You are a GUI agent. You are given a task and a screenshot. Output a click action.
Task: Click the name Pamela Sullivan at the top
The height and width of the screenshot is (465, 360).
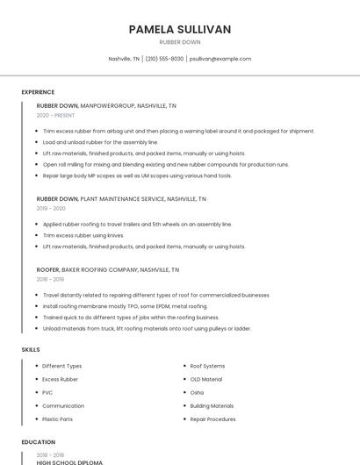(180, 30)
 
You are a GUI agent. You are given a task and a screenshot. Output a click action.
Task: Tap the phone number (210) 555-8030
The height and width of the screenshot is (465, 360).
(164, 59)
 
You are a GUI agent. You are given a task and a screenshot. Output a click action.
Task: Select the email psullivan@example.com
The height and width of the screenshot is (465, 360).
(221, 59)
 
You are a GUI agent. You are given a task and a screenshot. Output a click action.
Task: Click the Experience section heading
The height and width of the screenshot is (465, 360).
(38, 92)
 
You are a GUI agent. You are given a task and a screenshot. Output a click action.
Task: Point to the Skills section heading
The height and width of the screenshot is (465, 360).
(31, 349)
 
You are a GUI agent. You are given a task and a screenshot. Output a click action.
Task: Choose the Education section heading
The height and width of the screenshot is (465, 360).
(37, 442)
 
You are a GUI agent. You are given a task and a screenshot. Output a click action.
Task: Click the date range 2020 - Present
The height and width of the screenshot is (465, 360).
(55, 115)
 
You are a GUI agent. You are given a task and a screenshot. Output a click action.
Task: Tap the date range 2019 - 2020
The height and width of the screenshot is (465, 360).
(51, 209)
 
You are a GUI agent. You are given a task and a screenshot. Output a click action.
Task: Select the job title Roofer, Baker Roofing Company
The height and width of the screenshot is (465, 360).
(108, 270)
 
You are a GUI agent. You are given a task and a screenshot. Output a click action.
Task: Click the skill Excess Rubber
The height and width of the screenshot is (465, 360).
(60, 379)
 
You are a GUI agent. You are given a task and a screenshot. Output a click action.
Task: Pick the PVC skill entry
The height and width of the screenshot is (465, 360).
(47, 392)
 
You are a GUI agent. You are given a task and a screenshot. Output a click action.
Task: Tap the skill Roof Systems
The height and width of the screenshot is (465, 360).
(207, 366)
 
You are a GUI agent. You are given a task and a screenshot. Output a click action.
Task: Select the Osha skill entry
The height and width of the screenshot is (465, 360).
(197, 392)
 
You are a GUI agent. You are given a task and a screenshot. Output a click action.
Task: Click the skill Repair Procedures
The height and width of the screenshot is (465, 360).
(212, 419)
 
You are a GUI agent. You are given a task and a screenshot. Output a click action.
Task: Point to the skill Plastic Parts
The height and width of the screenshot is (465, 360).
(58, 419)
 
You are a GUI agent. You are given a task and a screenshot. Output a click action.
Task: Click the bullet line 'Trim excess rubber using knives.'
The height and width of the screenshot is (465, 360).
(83, 235)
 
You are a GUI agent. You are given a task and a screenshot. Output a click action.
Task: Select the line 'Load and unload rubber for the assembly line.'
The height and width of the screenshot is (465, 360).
(100, 141)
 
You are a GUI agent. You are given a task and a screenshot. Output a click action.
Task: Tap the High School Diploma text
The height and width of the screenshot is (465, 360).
(69, 461)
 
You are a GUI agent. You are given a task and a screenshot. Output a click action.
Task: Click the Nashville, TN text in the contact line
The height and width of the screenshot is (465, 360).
(124, 59)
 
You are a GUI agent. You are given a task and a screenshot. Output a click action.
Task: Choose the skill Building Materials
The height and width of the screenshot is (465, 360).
(212, 406)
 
